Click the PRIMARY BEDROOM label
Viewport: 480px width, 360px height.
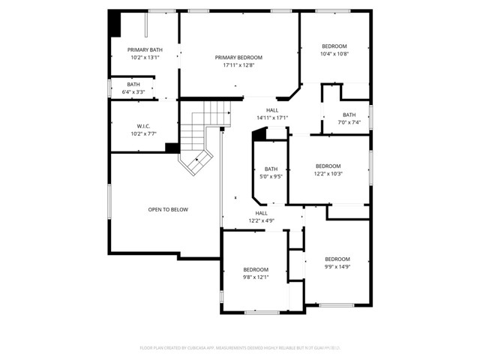(x=238, y=58)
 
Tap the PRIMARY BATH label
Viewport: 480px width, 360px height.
(x=144, y=49)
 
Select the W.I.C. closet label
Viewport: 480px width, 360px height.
(x=144, y=126)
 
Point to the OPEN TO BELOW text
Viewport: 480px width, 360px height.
(x=168, y=210)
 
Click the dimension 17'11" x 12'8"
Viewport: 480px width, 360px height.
(x=238, y=65)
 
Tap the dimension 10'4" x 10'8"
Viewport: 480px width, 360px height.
(x=334, y=53)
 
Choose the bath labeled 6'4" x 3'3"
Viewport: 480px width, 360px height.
(x=133, y=92)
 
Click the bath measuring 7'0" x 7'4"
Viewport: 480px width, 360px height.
(x=349, y=122)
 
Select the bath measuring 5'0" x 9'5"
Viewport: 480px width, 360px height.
(x=271, y=177)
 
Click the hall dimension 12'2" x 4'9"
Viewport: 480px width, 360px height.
(x=262, y=221)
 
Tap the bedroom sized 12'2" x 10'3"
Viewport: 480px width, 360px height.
(x=328, y=173)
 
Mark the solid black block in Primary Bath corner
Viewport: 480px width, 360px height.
(x=115, y=24)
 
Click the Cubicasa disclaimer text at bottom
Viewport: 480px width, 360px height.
(x=239, y=348)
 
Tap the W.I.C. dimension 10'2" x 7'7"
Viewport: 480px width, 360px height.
(x=144, y=133)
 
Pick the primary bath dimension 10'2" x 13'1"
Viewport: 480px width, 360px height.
(x=144, y=57)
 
